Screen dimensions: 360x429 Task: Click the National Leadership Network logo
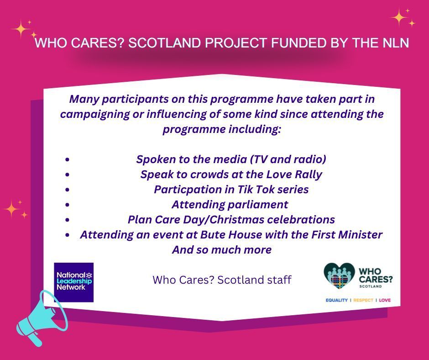[x=73, y=282]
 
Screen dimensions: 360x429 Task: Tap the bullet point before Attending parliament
[x=67, y=205]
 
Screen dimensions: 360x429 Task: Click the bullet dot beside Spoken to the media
[x=67, y=160]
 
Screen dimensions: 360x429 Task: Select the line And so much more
[x=222, y=250]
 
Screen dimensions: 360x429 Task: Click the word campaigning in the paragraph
[x=90, y=114]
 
